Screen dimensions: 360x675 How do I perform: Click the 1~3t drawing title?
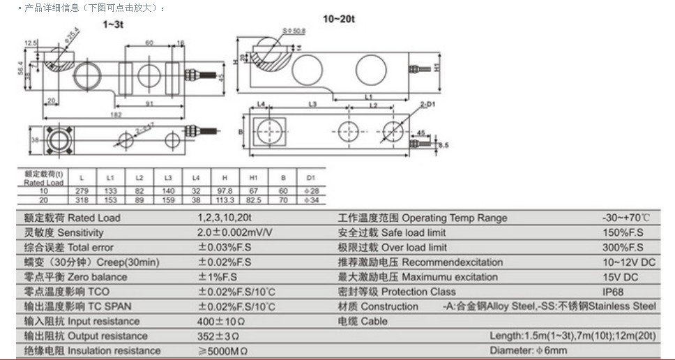113,24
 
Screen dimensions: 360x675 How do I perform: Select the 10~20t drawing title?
339,19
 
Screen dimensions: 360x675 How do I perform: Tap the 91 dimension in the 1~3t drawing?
149,104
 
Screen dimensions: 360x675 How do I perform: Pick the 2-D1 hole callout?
427,104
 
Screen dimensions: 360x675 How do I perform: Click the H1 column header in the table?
254,178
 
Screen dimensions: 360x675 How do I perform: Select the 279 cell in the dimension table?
82,190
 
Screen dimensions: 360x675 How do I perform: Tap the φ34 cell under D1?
310,199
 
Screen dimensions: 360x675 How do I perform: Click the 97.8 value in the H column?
225,190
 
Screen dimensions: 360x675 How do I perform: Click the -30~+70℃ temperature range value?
626,218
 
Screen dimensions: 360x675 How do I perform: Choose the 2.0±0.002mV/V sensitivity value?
234,232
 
